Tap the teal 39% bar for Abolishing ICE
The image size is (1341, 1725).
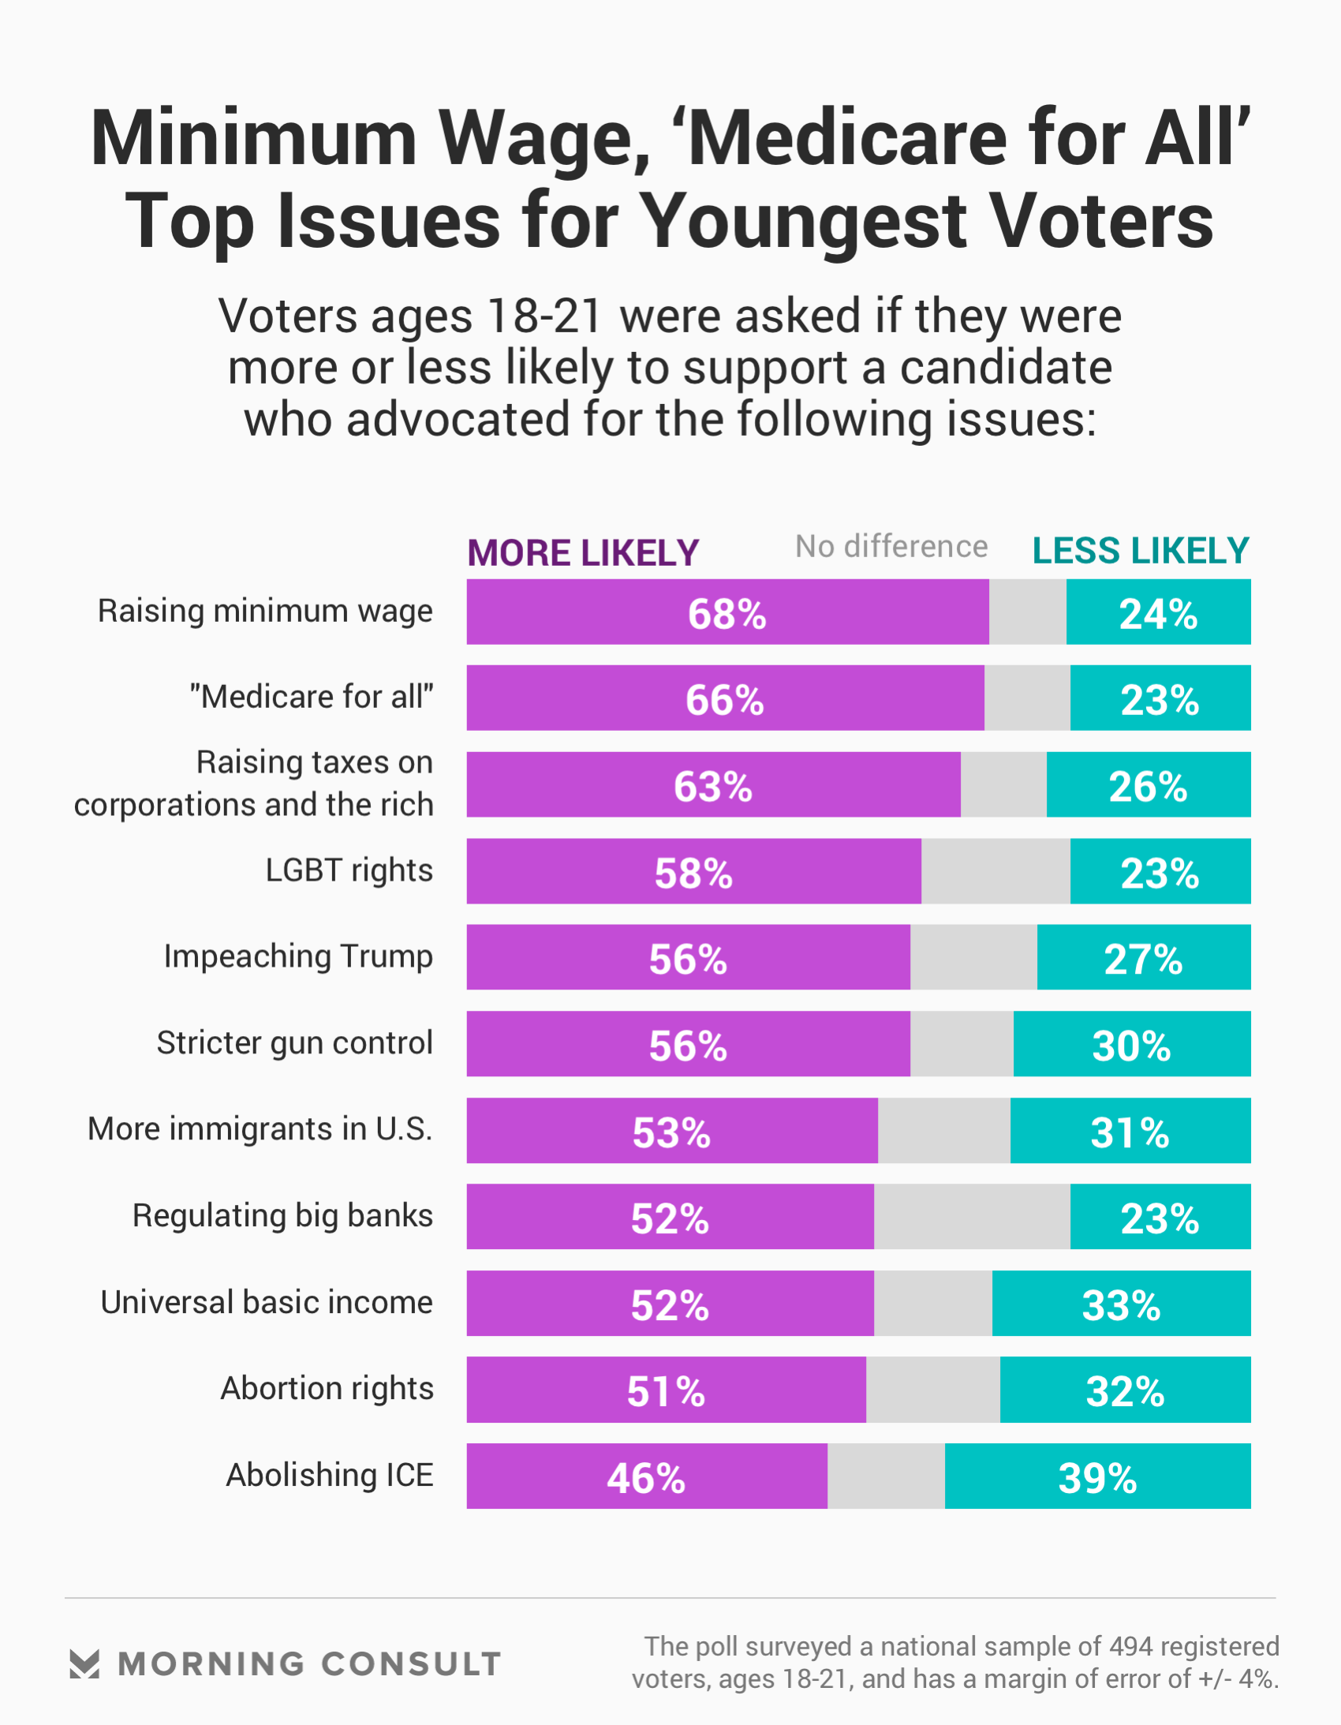click(1097, 1476)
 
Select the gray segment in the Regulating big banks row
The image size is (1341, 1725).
click(971, 1216)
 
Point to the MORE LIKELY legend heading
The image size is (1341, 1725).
click(583, 553)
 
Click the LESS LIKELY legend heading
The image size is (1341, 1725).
click(1141, 551)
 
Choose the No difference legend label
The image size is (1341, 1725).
click(891, 547)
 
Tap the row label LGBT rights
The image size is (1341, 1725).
click(349, 870)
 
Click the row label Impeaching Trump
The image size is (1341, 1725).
click(298, 956)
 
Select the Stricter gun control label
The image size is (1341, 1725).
click(294, 1042)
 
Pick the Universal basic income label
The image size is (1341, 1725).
click(267, 1303)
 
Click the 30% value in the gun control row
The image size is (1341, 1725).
click(1131, 1046)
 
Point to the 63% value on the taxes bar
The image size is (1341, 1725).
click(712, 787)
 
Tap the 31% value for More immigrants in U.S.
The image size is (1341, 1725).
click(1130, 1132)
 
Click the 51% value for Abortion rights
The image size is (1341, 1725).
click(666, 1392)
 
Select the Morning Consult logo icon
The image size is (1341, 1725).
click(84, 1664)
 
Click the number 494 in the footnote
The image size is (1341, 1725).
click(1131, 1646)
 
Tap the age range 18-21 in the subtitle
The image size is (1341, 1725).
click(545, 316)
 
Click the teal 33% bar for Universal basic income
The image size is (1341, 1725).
click(1121, 1304)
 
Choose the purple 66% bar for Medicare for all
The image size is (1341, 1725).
click(725, 699)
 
